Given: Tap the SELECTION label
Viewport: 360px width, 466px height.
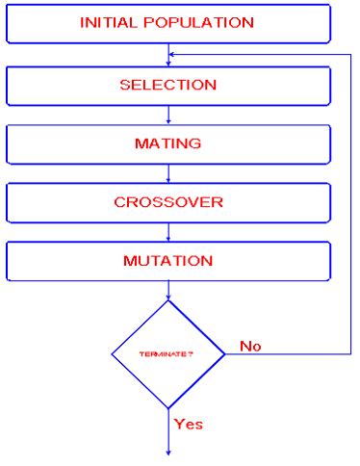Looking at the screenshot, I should [167, 85].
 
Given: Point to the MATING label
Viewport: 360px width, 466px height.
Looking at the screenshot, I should [167, 143].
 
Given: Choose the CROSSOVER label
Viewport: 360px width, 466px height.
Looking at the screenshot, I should [167, 202].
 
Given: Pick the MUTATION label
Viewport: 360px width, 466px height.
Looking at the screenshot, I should [167, 261].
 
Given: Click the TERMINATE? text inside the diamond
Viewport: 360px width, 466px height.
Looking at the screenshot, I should [167, 354].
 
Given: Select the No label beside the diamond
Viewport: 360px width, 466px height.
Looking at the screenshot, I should [250, 346].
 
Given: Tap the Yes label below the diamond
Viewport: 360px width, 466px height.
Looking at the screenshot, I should [189, 423].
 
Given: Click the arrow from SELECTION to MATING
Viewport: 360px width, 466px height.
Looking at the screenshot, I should [168, 115].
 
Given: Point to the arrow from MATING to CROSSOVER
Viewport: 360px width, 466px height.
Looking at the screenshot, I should [168, 173].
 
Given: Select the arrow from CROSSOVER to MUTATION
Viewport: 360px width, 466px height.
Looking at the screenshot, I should [168, 232].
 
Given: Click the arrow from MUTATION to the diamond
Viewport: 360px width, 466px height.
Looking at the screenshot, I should [168, 290].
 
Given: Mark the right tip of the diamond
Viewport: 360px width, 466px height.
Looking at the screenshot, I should [224, 354].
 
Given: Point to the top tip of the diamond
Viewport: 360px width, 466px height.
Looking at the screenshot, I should [168, 300].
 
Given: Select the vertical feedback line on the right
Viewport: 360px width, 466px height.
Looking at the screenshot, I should [350, 202].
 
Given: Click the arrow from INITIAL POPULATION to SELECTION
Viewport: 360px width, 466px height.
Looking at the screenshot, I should [168, 55].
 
